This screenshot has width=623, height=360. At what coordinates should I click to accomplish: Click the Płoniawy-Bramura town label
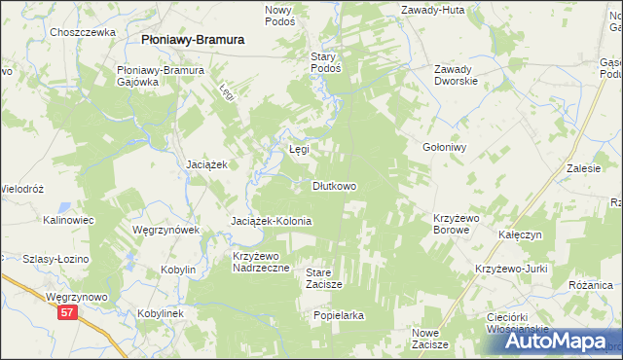tap(192, 40)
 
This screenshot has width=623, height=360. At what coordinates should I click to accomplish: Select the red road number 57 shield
tap(66, 312)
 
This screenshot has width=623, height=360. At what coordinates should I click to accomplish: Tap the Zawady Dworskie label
tap(456, 75)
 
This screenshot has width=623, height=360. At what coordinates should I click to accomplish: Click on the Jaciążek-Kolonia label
tap(271, 222)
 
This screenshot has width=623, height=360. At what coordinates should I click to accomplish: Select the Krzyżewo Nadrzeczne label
tap(261, 262)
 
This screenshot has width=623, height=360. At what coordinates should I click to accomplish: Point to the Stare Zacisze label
tap(324, 278)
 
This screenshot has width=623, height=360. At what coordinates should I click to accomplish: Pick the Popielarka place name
tap(339, 316)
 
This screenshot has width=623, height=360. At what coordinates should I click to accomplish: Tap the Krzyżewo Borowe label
tap(458, 225)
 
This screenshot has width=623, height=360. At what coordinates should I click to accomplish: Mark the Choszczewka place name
tap(83, 32)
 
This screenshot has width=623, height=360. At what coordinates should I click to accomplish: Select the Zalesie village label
tap(583, 168)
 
